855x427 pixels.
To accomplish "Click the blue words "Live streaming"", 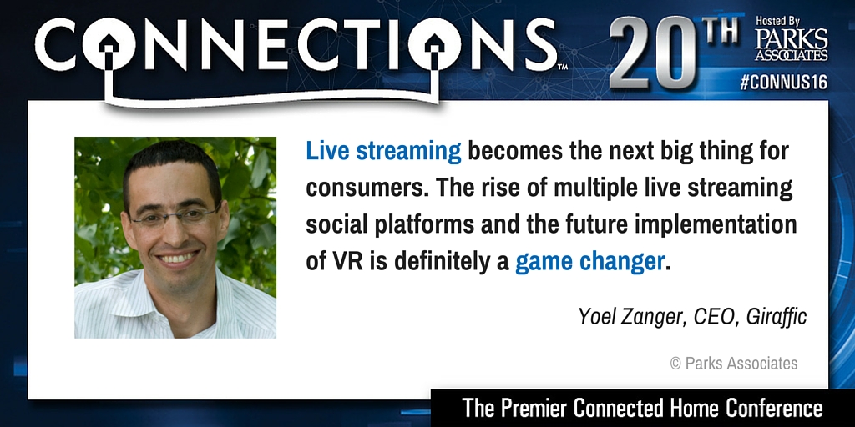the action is pyautogui.click(x=383, y=152).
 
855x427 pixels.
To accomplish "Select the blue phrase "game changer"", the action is pyautogui.click(x=589, y=262).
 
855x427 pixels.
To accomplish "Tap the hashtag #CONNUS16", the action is pyautogui.click(x=783, y=83).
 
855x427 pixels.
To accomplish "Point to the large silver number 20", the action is pyautogui.click(x=653, y=53).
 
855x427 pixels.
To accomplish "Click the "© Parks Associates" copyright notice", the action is pyautogui.click(x=734, y=364).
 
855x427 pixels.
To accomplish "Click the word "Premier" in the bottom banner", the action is pyautogui.click(x=536, y=408).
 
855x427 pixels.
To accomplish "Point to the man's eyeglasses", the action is pyautogui.click(x=174, y=218).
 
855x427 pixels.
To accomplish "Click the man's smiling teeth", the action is pyautogui.click(x=177, y=259).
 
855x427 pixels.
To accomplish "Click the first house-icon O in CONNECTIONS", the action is pyautogui.click(x=109, y=44).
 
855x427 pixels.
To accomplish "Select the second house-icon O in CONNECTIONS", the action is pyautogui.click(x=434, y=44).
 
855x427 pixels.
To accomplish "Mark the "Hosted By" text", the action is pyautogui.click(x=777, y=21).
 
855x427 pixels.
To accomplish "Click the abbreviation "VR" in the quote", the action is pyautogui.click(x=342, y=263).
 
